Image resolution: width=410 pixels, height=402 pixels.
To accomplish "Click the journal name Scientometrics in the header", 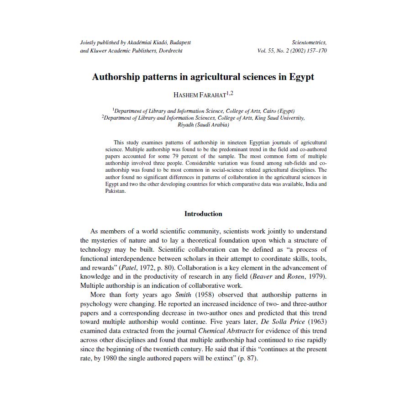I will [309, 42].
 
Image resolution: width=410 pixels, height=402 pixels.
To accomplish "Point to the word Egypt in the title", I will [301, 77].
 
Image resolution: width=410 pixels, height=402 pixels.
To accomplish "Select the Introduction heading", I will [203, 214].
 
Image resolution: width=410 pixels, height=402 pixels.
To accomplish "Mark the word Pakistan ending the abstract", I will [115, 191].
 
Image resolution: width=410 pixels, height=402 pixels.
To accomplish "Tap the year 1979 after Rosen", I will [316, 277].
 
